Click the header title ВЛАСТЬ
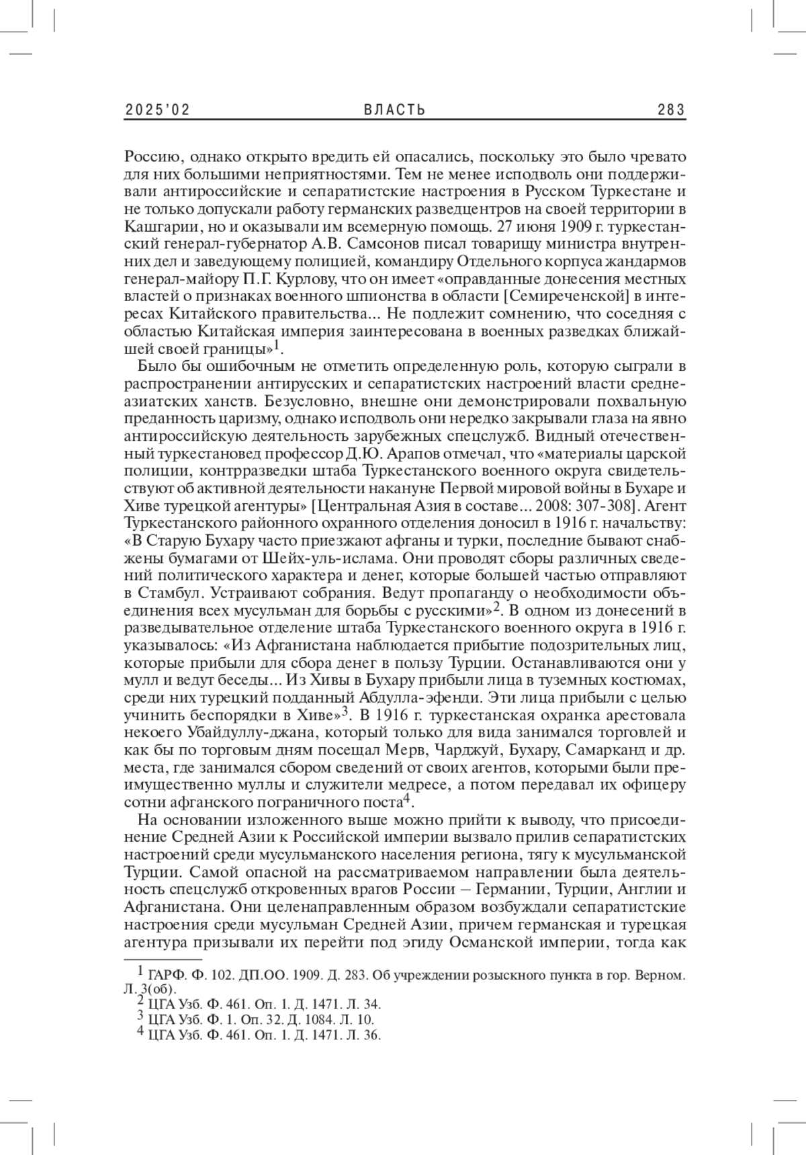tap(395, 110)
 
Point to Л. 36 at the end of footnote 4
tap(368, 1035)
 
